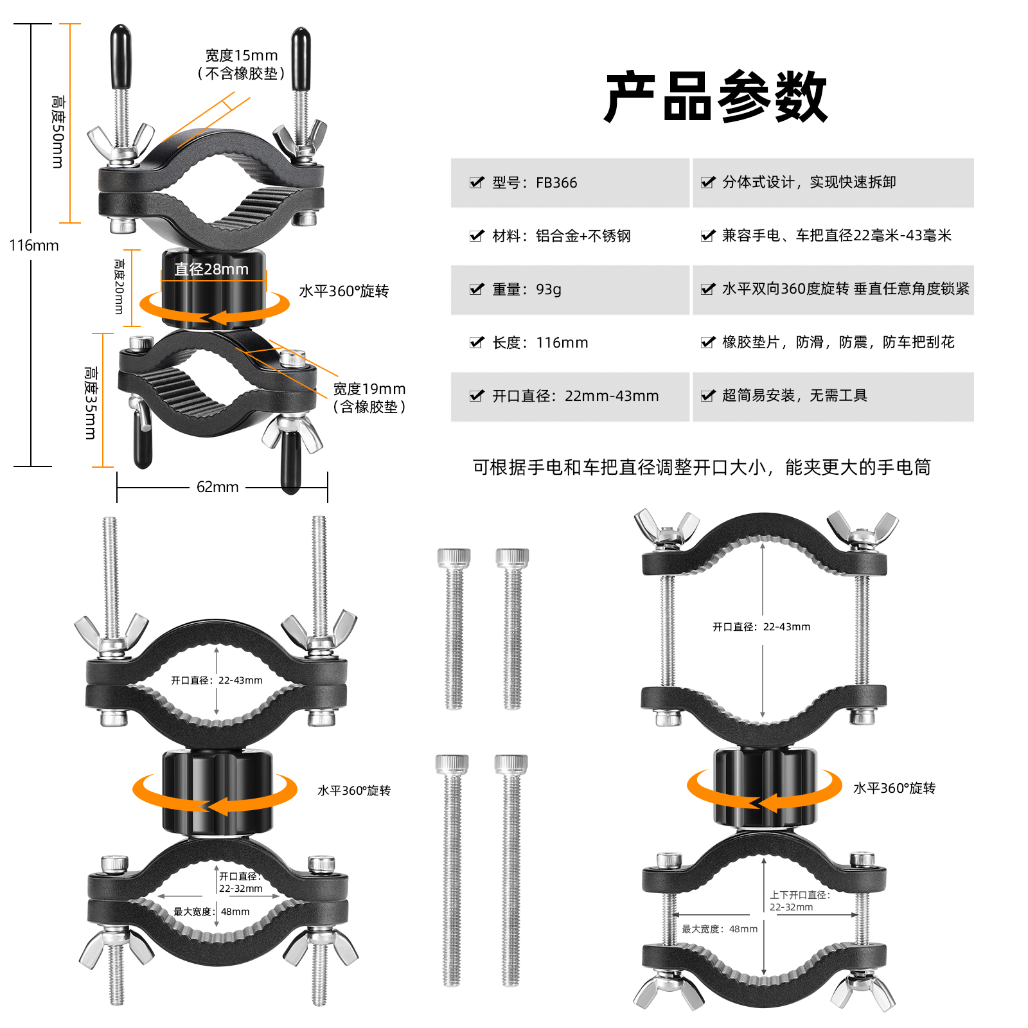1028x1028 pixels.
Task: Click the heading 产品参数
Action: (716, 97)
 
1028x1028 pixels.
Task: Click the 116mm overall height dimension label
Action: (33, 245)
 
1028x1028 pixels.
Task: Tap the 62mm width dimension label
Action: (217, 487)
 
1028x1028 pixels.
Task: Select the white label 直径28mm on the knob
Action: (211, 269)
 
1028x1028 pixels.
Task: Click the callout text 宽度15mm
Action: (241, 56)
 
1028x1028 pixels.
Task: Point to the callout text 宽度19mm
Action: (369, 389)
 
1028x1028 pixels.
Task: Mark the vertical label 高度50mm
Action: (58, 132)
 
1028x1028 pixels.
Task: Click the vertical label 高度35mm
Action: (91, 403)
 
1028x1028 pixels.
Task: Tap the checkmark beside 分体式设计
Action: (707, 182)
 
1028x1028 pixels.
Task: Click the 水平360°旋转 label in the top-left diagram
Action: (344, 291)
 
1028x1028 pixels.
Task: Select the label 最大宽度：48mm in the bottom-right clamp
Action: (720, 929)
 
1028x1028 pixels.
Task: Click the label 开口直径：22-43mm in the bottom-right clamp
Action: (761, 627)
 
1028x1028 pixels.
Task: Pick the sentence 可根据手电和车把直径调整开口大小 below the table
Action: (702, 467)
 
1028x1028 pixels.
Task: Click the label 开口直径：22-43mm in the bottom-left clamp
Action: (217, 680)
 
